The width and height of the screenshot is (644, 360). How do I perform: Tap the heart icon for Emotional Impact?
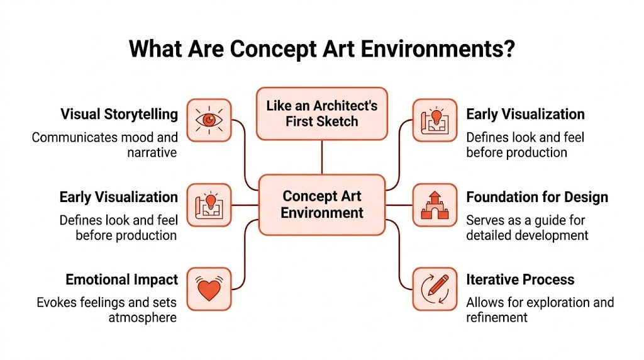(x=209, y=289)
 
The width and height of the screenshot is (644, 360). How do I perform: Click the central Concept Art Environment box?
(x=322, y=205)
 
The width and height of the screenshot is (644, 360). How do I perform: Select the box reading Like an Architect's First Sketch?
(x=322, y=113)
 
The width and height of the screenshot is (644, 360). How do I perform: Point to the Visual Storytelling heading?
(x=119, y=115)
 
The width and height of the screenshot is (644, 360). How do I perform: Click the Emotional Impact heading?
(x=121, y=279)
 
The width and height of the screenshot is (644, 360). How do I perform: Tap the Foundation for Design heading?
(x=536, y=197)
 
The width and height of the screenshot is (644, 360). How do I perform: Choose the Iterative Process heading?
(x=519, y=279)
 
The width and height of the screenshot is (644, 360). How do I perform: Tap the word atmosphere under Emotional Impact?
(x=142, y=317)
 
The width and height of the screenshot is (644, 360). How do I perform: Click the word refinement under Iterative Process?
(x=497, y=317)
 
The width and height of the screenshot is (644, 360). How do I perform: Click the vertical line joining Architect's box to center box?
(x=322, y=157)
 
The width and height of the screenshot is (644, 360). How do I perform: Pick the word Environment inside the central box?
(x=322, y=213)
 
